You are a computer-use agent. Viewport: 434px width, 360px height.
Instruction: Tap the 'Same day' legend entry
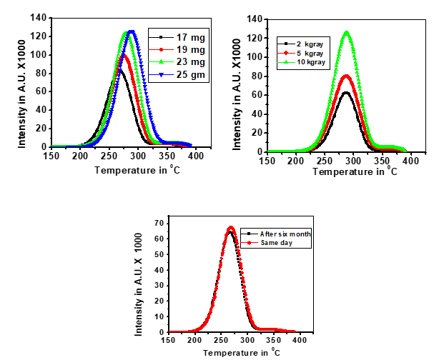269,243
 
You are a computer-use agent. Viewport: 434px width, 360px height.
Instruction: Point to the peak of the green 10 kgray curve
347,32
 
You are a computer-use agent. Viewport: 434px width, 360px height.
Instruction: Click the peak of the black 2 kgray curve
347,92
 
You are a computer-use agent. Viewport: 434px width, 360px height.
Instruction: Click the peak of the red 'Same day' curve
231,228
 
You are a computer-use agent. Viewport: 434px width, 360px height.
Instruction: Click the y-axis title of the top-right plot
241,84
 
